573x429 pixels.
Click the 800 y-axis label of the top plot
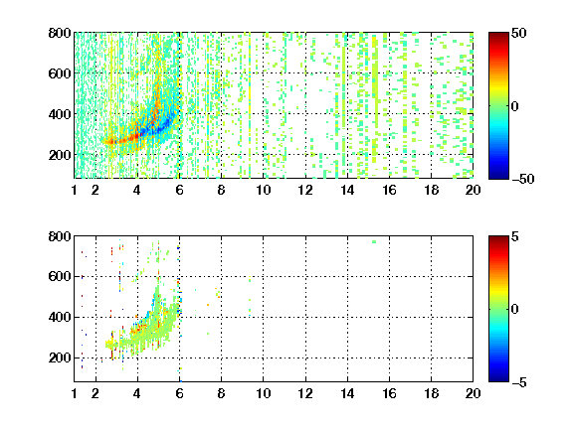tap(60, 33)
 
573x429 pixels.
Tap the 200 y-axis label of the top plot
tap(60, 155)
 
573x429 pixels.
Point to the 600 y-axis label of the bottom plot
tap(60, 276)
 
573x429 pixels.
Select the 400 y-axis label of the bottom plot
tap(60, 317)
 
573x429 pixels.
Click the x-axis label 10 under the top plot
tap(263, 190)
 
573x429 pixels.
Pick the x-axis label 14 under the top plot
tap(347, 190)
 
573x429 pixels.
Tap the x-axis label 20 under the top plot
tap(473, 190)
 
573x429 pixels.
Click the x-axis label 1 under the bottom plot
tap(75, 393)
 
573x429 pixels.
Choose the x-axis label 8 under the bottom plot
tap(221, 393)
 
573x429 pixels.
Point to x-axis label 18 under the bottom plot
tap(431, 393)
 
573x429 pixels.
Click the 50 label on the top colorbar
tap(518, 33)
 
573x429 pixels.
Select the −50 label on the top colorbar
tap(522, 179)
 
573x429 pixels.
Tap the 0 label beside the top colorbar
tap(514, 106)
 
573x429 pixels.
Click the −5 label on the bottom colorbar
tap(518, 382)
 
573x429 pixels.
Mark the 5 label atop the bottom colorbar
tap(515, 236)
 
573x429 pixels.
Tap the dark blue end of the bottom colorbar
tap(498, 379)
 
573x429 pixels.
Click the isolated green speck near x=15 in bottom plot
tap(374, 242)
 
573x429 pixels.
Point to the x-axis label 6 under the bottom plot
tap(179, 393)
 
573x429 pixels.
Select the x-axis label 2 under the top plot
tap(95, 190)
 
